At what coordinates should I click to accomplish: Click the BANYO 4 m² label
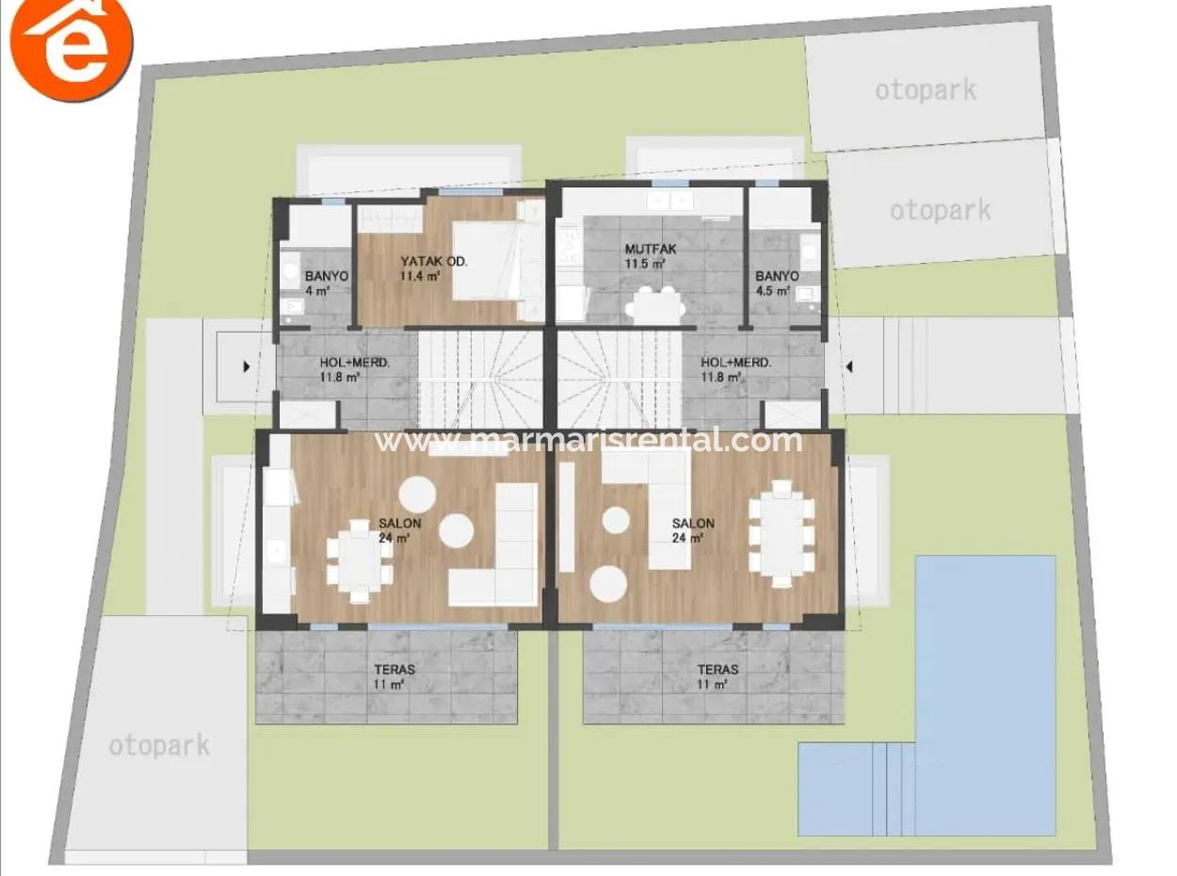(326, 283)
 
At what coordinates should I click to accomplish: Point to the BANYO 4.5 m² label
(777, 283)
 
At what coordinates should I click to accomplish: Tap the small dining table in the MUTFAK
(655, 303)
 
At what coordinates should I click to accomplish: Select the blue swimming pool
(984, 659)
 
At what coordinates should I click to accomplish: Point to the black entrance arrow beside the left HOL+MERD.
(247, 367)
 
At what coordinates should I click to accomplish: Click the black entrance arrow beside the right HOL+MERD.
(848, 366)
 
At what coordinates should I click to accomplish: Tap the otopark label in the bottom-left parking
(159, 746)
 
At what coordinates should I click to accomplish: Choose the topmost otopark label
(925, 90)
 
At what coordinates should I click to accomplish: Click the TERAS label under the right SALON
(717, 676)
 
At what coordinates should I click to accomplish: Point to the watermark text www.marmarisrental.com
(588, 440)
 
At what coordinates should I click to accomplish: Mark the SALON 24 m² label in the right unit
(692, 530)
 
